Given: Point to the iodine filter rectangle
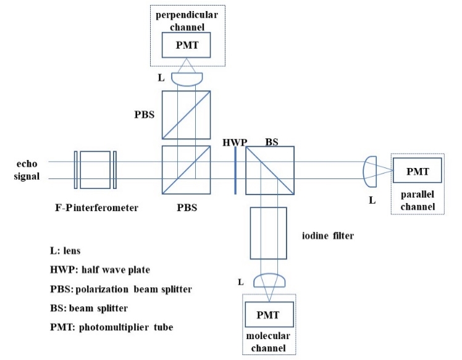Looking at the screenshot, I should point(269,233).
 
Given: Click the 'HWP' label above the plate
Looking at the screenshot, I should point(235,143).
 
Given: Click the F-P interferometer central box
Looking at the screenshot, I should point(95,170).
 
